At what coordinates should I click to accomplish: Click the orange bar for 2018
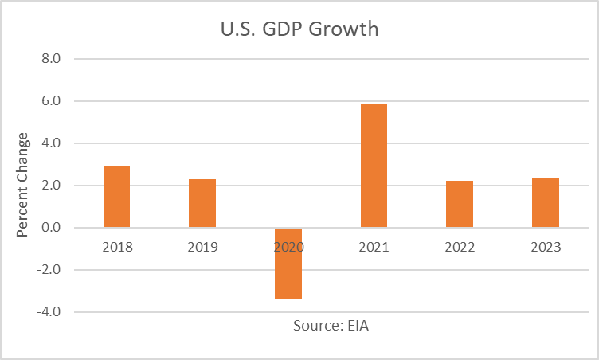[116, 197]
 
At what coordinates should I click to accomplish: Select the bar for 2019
[202, 204]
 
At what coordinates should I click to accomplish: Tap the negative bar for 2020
[288, 264]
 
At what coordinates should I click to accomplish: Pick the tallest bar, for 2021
[374, 166]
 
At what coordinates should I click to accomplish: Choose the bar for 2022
[460, 205]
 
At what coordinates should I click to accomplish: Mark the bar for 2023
[546, 203]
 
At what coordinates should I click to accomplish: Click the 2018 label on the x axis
[116, 246]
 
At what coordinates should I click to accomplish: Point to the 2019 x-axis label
[202, 246]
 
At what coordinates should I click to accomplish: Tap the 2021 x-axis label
[374, 246]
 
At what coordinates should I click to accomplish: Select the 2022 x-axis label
[460, 246]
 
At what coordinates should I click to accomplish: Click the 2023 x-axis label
[546, 246]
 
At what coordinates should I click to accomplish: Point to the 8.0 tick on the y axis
[61, 59]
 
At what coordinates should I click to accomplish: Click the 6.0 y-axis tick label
[61, 101]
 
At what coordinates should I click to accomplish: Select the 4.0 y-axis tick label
[61, 143]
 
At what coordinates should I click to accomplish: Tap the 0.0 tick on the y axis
[61, 228]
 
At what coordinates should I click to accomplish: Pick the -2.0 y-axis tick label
[60, 270]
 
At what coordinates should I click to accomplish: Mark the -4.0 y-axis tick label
[60, 312]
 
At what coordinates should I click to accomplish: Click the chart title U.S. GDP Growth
[299, 31]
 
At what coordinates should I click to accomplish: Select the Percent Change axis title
[23, 185]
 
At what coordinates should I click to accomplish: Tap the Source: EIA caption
[331, 325]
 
